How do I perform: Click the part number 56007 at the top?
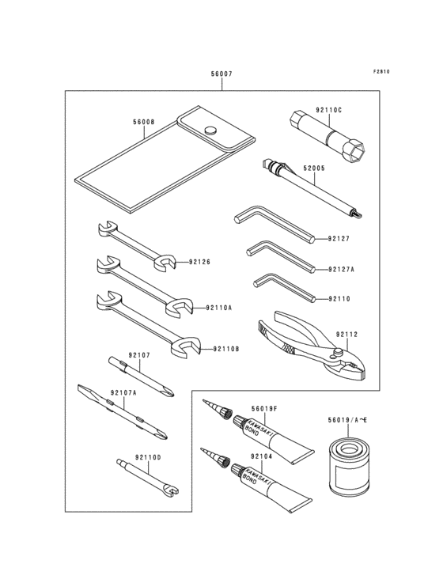(221, 74)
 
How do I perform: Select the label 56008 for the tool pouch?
(144, 123)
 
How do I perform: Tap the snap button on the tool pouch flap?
(210, 131)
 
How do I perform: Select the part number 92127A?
(342, 269)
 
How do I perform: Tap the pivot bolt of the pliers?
(337, 352)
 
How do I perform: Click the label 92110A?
(218, 308)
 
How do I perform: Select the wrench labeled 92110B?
(150, 324)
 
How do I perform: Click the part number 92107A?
(123, 392)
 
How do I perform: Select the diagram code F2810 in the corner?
(381, 71)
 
